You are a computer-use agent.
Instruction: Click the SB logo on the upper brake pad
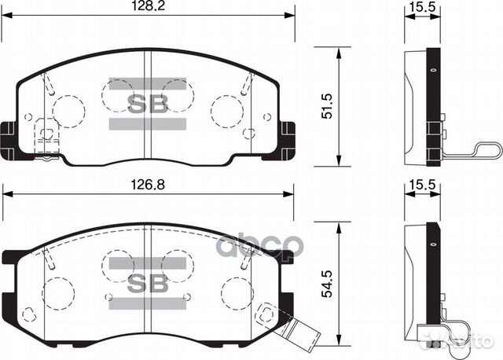coord(147,103)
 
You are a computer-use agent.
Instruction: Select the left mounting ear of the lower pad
coord(11,258)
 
